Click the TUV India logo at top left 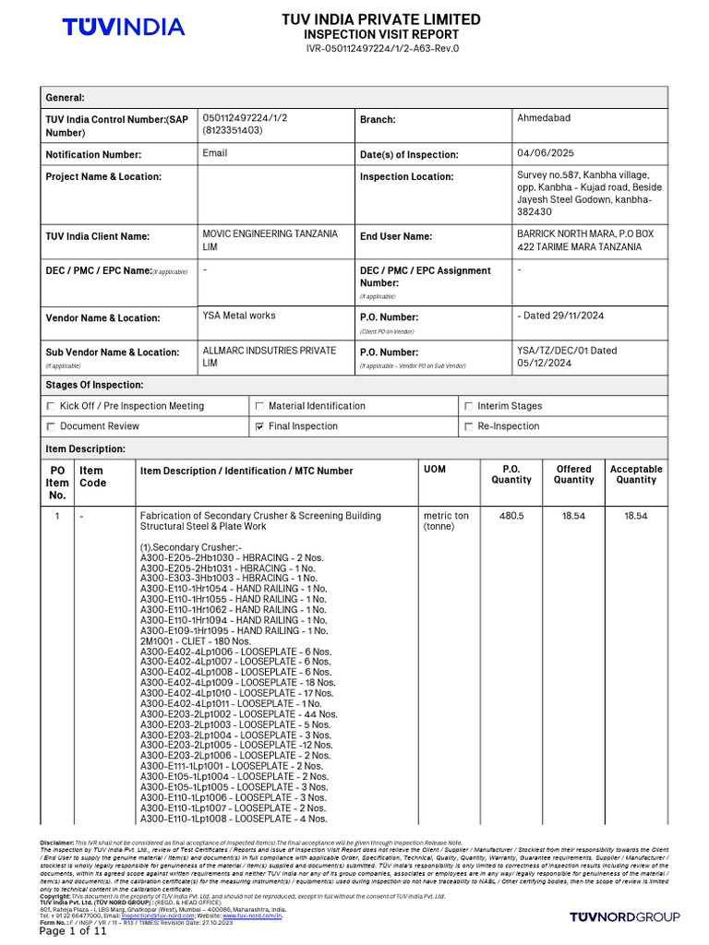123,28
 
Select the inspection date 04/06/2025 546,153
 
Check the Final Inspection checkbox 259,426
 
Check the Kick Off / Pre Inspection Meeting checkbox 51,406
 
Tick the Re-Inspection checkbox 468,426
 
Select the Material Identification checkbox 259,406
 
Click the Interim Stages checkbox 468,406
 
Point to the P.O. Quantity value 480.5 511,516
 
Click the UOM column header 434,470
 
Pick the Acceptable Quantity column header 635,474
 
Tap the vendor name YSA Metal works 238,316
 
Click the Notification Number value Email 214,153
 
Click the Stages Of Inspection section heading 94,385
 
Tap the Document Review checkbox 51,426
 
